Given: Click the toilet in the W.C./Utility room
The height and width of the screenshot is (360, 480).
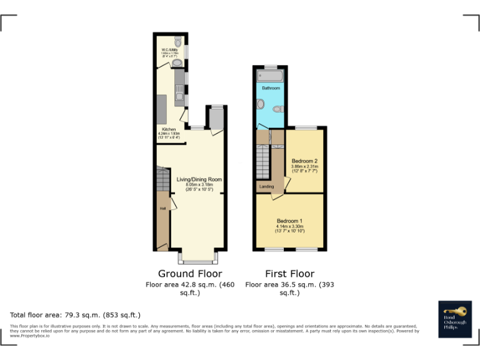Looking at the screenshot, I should (178, 42).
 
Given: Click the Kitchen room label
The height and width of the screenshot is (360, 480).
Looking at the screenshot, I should (169, 129).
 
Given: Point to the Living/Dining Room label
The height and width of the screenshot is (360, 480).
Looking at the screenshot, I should (199, 179).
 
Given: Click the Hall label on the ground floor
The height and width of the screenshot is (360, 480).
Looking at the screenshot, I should (162, 208).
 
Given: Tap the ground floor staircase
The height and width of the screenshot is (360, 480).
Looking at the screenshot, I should (163, 181).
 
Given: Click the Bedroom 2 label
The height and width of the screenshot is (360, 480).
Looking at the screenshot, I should (305, 161).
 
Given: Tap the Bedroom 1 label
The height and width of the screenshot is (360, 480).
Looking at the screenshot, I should (289, 221).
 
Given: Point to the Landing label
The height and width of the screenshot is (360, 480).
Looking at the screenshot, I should (266, 186).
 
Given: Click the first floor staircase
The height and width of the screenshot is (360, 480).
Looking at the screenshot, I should (262, 161).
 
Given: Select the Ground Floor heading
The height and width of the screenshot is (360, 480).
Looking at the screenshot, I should (189, 273).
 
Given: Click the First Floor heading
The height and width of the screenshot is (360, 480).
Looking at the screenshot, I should (289, 273).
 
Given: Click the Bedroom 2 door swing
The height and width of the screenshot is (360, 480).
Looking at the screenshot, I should (287, 182).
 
